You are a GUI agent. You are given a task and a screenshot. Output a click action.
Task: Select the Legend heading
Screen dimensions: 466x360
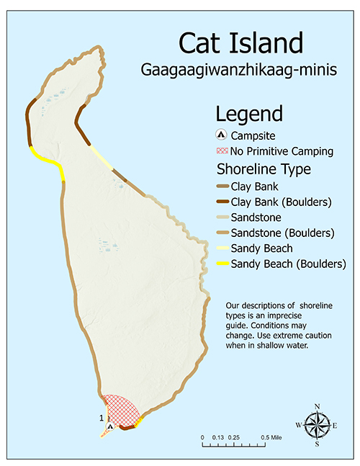coord(249,114)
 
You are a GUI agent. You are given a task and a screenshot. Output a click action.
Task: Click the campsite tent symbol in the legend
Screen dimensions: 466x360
coord(222,135)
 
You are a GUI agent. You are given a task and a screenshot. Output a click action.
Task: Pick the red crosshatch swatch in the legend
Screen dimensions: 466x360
coord(222,151)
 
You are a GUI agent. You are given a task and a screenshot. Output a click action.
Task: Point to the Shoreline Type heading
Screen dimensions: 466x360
coord(264,170)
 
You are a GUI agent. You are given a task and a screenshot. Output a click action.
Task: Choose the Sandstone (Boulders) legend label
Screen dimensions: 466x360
coord(282,233)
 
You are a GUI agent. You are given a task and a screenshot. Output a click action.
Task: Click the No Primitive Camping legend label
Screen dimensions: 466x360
coord(282,151)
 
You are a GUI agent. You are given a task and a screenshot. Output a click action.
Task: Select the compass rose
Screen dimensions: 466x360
coord(318,425)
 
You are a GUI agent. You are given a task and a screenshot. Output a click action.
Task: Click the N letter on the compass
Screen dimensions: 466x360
coord(318,407)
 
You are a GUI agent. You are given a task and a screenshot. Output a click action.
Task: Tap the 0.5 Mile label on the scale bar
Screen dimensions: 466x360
coord(271,438)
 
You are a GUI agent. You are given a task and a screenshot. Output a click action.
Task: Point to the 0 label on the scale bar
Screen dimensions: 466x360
coord(203,438)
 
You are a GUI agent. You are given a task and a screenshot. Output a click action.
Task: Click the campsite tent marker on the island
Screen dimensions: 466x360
coord(109,426)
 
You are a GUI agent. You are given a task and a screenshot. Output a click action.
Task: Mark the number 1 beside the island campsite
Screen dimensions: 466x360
coord(102,417)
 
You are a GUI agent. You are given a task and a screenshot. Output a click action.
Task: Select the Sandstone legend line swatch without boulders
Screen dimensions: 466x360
coord(222,217)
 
